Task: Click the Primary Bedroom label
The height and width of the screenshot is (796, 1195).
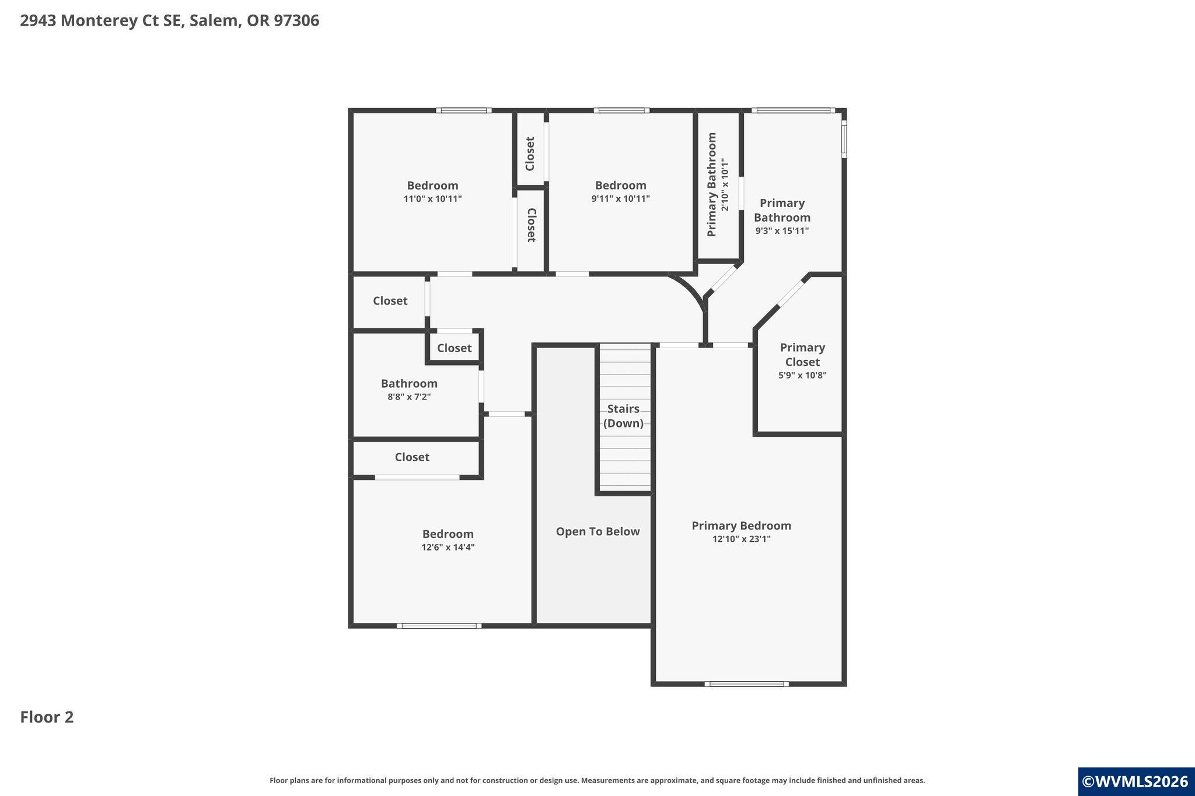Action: [x=741, y=525]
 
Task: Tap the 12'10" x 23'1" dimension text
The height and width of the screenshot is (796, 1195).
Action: [x=741, y=539]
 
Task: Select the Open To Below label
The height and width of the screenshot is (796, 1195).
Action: [x=597, y=532]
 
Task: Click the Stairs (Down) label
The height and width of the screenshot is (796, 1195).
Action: [x=623, y=416]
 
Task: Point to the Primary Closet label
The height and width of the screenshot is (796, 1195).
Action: [x=802, y=355]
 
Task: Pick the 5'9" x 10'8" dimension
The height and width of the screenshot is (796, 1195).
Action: [x=802, y=376]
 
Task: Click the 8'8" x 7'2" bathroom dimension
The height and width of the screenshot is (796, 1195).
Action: [x=409, y=397]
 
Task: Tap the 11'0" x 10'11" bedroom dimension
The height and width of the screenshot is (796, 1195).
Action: [x=432, y=199]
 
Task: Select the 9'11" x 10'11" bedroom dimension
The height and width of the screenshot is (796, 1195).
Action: [x=620, y=199]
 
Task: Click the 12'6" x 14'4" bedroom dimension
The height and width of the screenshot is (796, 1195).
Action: [x=448, y=548]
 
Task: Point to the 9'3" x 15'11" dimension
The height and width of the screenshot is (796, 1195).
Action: [x=782, y=231]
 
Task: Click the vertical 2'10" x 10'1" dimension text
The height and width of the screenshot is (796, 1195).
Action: [x=725, y=184]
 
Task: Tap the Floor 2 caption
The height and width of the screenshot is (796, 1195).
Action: [x=47, y=717]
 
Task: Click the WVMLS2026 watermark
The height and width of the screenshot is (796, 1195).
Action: [x=1135, y=782]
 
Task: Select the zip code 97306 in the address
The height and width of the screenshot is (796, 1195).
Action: [x=296, y=21]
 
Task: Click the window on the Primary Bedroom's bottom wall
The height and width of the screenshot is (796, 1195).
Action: [x=746, y=684]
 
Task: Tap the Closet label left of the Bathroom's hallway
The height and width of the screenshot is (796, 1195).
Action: [x=390, y=301]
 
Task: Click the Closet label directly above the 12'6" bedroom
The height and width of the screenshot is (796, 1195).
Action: [x=412, y=457]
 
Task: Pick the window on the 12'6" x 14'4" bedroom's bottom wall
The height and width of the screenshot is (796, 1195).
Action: [x=439, y=626]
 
